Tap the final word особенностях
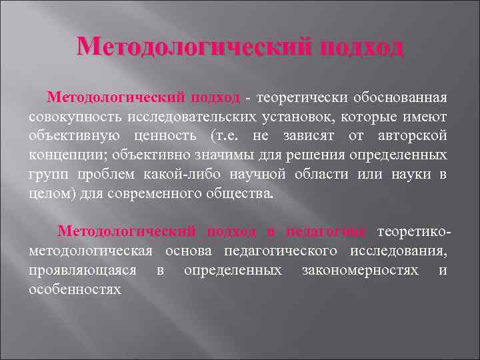coord(75,290)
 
